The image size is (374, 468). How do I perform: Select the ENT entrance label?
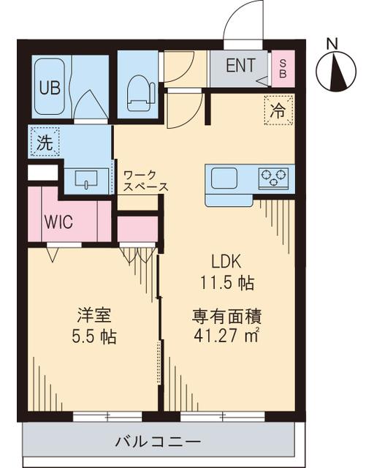pos(240,67)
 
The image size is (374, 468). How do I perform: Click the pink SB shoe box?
pos(283,69)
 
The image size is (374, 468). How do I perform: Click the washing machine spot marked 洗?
pos(45,143)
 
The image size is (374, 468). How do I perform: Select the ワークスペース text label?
pos(145,181)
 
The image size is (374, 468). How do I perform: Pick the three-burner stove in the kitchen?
pos(273,177)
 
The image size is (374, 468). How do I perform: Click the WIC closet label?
pos(58,222)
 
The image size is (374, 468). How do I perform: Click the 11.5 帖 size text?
pos(227,282)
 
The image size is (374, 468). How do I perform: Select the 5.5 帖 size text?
pos(93,338)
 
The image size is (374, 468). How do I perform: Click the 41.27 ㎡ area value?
pos(227,338)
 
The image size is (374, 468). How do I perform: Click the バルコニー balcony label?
pos(158,442)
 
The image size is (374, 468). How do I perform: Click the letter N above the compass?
pos(332,43)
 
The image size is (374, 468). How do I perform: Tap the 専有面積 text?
pos(227,317)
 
